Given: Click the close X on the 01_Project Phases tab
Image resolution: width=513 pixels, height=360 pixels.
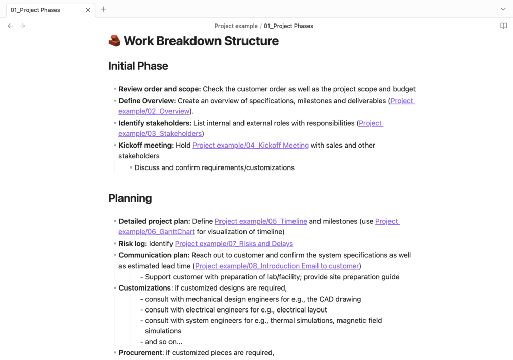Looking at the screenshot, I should tap(88, 10).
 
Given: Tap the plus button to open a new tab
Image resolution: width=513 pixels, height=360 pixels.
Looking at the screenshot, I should tap(104, 9).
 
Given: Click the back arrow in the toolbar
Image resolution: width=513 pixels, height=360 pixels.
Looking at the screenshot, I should tap(10, 26).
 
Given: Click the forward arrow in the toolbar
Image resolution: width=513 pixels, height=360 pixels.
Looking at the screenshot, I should tap(23, 26).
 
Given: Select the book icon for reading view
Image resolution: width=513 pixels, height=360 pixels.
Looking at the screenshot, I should tap(503, 26).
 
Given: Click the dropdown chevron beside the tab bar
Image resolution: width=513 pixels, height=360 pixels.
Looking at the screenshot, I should tap(503, 9).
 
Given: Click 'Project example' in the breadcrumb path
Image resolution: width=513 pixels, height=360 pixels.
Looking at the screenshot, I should tap(236, 26).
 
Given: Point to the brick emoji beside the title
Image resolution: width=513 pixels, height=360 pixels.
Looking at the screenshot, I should tap(114, 41).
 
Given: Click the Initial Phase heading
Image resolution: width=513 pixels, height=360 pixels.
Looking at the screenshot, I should tap(138, 66).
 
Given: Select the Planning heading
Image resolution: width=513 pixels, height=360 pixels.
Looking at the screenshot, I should tap(130, 198).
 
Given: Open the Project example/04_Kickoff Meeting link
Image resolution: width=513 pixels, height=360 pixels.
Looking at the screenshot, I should tap(250, 146).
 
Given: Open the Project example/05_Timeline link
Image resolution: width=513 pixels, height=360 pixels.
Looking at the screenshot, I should tap(261, 221).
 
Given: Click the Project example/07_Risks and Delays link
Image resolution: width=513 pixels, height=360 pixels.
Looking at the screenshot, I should tap(234, 244).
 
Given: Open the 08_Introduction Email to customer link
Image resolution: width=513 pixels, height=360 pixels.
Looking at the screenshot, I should tap(277, 266).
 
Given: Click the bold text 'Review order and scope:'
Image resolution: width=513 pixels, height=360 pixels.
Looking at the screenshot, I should tap(159, 89).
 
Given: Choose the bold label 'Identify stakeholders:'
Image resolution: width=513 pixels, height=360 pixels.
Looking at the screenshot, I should tap(155, 123).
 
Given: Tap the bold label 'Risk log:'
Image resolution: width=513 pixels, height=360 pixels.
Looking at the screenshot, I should tap(133, 244).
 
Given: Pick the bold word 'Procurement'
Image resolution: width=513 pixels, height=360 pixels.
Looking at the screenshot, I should tap(141, 353).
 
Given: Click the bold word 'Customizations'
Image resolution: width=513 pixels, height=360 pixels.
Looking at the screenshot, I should tap(145, 288).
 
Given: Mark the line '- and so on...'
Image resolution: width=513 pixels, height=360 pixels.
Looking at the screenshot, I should tap(161, 342).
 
